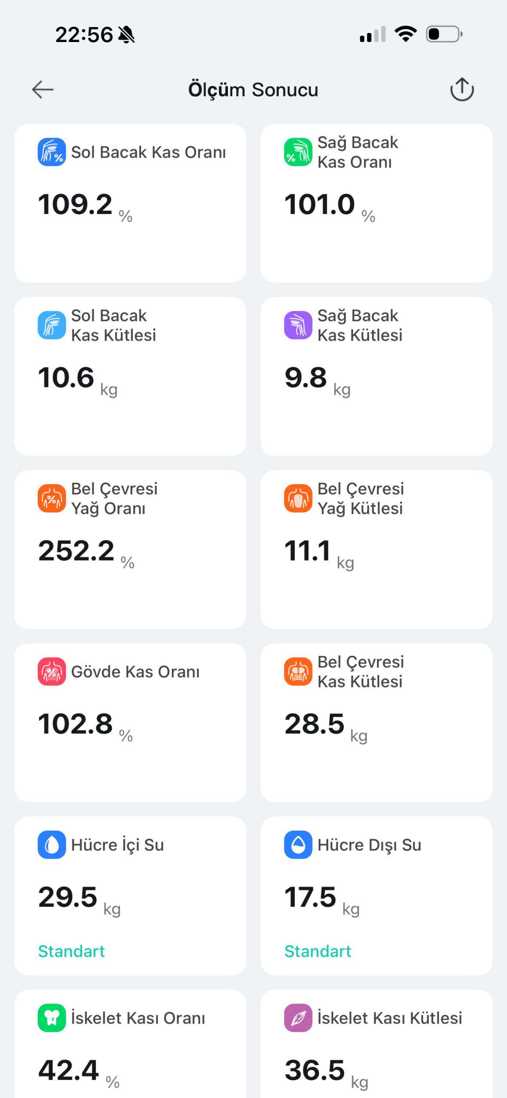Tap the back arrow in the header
point(43,90)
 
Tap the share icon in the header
point(462,90)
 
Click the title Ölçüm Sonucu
point(253,90)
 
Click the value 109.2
point(75,204)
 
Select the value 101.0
point(320,204)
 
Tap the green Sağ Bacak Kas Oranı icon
point(298,152)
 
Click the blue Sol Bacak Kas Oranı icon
point(52,152)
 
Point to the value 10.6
point(66,377)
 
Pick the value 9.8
point(306,377)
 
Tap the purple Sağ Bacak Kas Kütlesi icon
point(298,325)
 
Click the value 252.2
point(76,551)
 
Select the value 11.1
point(307,551)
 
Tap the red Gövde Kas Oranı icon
point(52,672)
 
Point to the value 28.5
point(314,724)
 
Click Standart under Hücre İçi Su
point(71,951)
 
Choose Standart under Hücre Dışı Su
point(318,951)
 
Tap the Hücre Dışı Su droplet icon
point(298,845)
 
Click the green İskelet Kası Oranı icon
point(52,1018)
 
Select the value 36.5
point(315,1070)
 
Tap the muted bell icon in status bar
point(126,35)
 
